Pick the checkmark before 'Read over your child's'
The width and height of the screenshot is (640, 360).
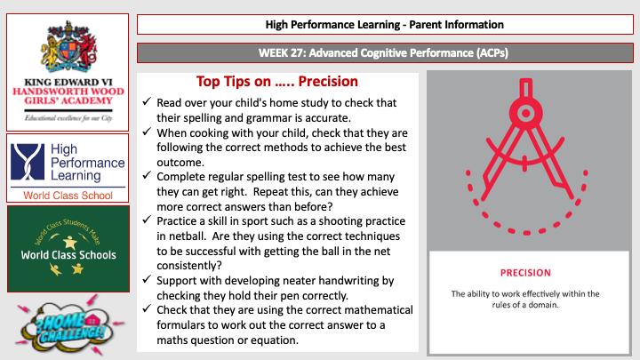click(148, 103)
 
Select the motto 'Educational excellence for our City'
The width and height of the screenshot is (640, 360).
click(68, 117)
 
